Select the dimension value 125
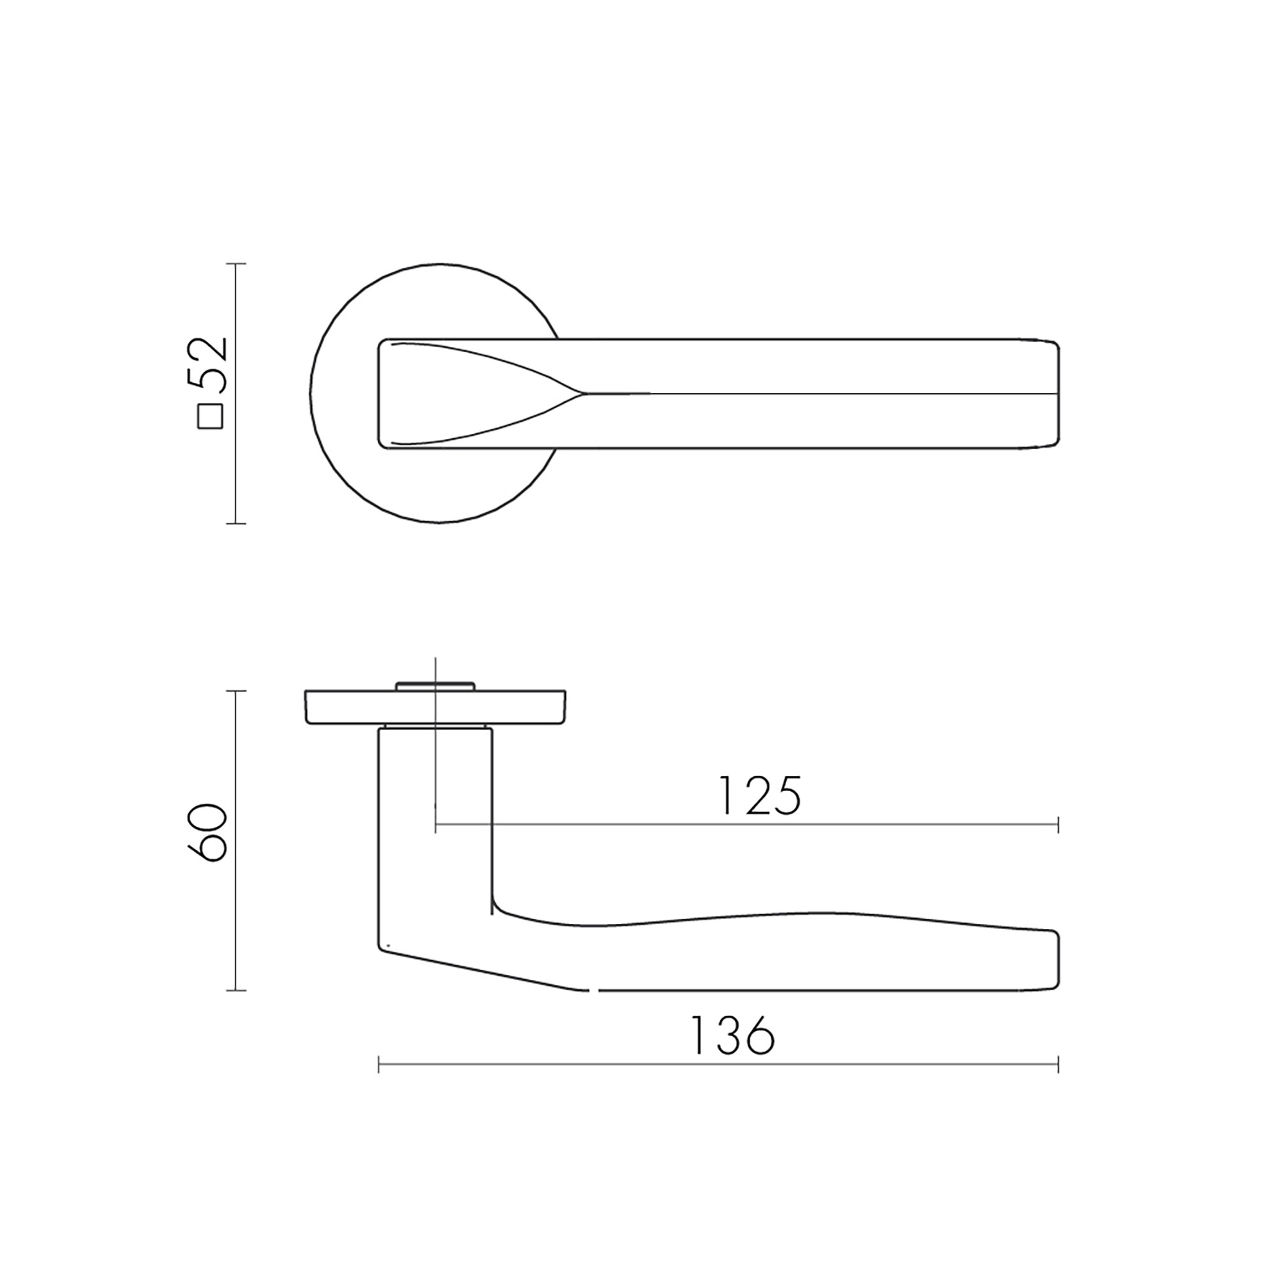point(759,796)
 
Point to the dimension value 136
point(732,1035)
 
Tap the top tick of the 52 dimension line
point(236,263)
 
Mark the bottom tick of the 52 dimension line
point(236,524)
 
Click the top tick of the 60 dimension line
point(236,691)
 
